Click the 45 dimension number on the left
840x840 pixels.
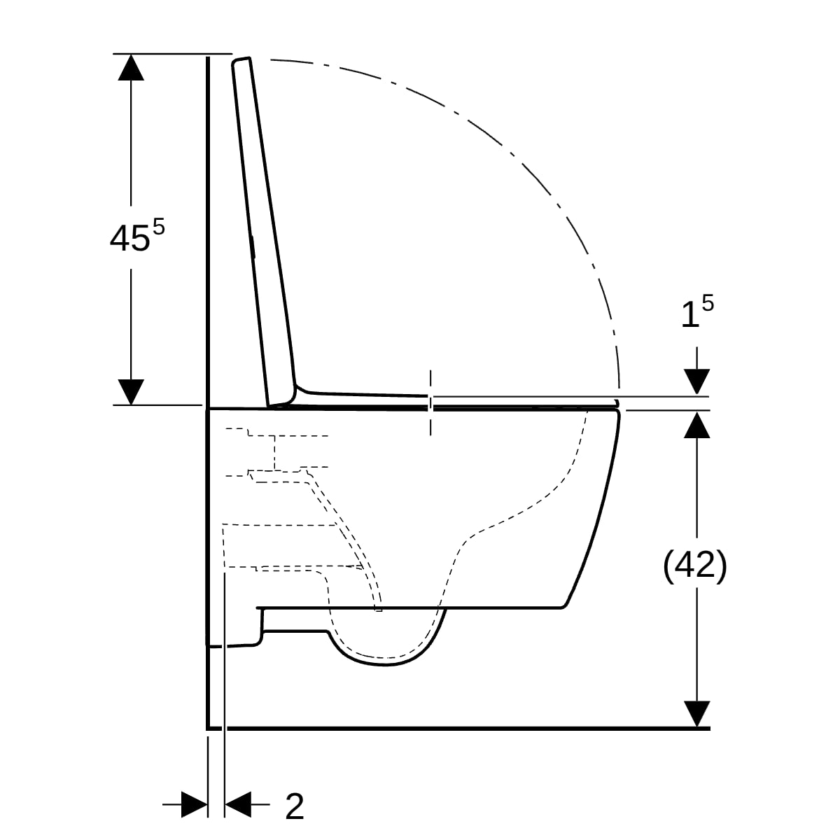tap(129, 239)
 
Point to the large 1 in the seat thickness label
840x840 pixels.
tap(689, 316)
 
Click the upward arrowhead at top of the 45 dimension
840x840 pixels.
tap(131, 66)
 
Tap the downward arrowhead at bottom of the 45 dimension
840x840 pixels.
tap(131, 392)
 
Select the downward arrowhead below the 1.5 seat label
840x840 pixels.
tap(696, 381)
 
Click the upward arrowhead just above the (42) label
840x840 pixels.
tap(696, 425)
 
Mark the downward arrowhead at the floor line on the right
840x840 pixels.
tap(696, 714)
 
